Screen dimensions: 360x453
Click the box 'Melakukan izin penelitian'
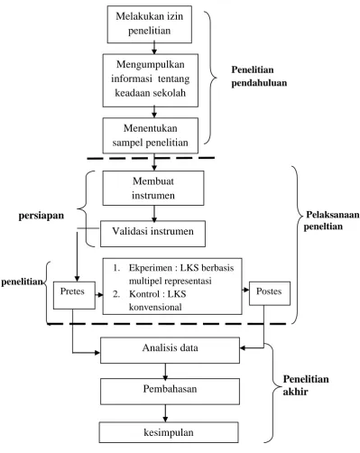(x=150, y=24)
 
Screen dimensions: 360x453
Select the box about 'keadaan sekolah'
(x=151, y=80)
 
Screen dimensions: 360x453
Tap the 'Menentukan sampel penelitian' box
(x=151, y=135)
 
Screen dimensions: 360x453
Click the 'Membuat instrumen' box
(x=153, y=189)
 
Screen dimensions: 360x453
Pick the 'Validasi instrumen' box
(x=152, y=234)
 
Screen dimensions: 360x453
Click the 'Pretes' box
(x=74, y=295)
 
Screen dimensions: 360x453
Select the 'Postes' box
(x=270, y=293)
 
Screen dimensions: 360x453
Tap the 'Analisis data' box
(x=170, y=350)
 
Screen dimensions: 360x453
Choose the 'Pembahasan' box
(x=170, y=392)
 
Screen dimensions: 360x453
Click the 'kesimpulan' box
(x=169, y=432)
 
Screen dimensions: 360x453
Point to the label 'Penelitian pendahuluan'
(x=259, y=76)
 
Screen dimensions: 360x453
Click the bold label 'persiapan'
(x=42, y=216)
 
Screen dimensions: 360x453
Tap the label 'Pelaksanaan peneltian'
(x=331, y=220)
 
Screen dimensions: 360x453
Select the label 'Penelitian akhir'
(x=306, y=385)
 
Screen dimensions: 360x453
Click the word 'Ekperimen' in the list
(x=151, y=268)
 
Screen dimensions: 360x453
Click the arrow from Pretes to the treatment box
(x=99, y=295)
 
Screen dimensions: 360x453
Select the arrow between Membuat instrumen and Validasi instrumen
(x=154, y=214)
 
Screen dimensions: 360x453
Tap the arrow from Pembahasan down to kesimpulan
(x=165, y=413)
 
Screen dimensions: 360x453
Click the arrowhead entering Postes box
(x=246, y=290)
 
